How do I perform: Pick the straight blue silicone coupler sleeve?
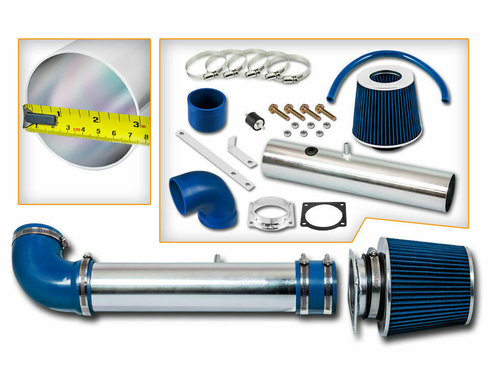(207, 110)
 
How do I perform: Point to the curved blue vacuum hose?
(387, 56)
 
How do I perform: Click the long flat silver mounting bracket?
(215, 160)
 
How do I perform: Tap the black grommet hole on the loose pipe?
(311, 151)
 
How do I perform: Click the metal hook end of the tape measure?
(40, 119)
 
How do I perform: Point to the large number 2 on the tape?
(95, 119)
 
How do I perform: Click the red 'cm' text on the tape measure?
(77, 129)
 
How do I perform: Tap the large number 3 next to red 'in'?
(136, 124)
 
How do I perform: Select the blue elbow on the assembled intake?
(47, 269)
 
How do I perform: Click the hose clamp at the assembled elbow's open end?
(39, 233)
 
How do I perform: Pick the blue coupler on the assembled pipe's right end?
(315, 287)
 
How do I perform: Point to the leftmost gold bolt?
(278, 112)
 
